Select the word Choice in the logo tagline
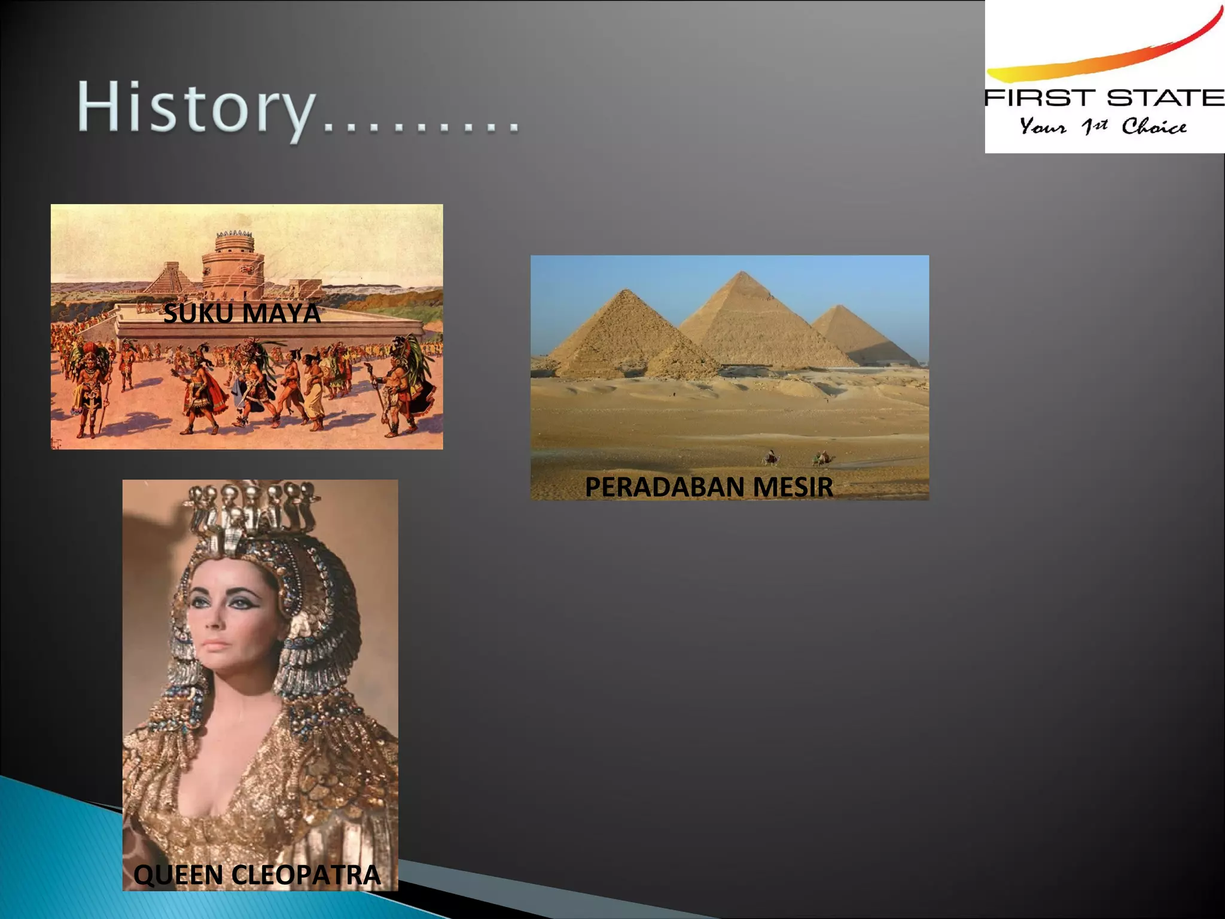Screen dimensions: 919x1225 (x=1154, y=126)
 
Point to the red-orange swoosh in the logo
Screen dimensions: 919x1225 (x=1107, y=57)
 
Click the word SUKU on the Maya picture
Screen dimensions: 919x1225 (x=198, y=314)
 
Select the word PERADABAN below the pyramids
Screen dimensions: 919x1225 (x=663, y=487)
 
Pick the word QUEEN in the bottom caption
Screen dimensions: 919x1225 (x=178, y=875)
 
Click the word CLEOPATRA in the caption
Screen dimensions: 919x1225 (x=306, y=875)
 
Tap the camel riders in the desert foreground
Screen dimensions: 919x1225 (x=799, y=458)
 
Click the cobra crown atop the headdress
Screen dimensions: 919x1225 (x=251, y=503)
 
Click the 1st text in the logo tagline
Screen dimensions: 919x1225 (x=1094, y=126)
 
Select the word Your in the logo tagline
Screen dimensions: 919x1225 (x=1043, y=126)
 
